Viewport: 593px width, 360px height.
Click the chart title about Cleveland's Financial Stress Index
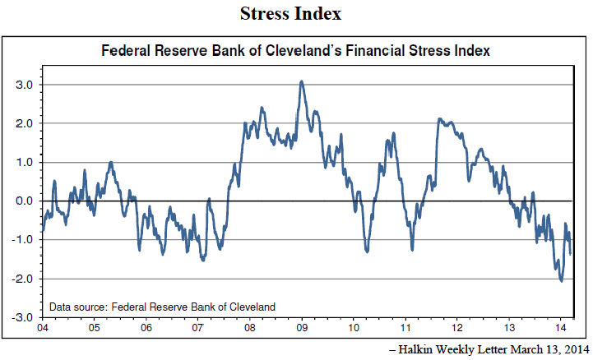[295, 51]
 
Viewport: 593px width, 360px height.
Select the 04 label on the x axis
[42, 327]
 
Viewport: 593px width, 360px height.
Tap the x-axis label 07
[198, 327]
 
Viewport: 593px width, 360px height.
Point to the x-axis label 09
[302, 327]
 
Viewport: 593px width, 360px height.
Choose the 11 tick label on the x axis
[405, 327]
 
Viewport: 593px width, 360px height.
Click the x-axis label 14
[562, 327]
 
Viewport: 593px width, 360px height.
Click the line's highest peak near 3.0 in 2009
[302, 81]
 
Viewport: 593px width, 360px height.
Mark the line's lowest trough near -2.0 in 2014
[561, 281]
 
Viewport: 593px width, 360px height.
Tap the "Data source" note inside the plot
[162, 307]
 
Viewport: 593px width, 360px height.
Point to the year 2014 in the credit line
[573, 348]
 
